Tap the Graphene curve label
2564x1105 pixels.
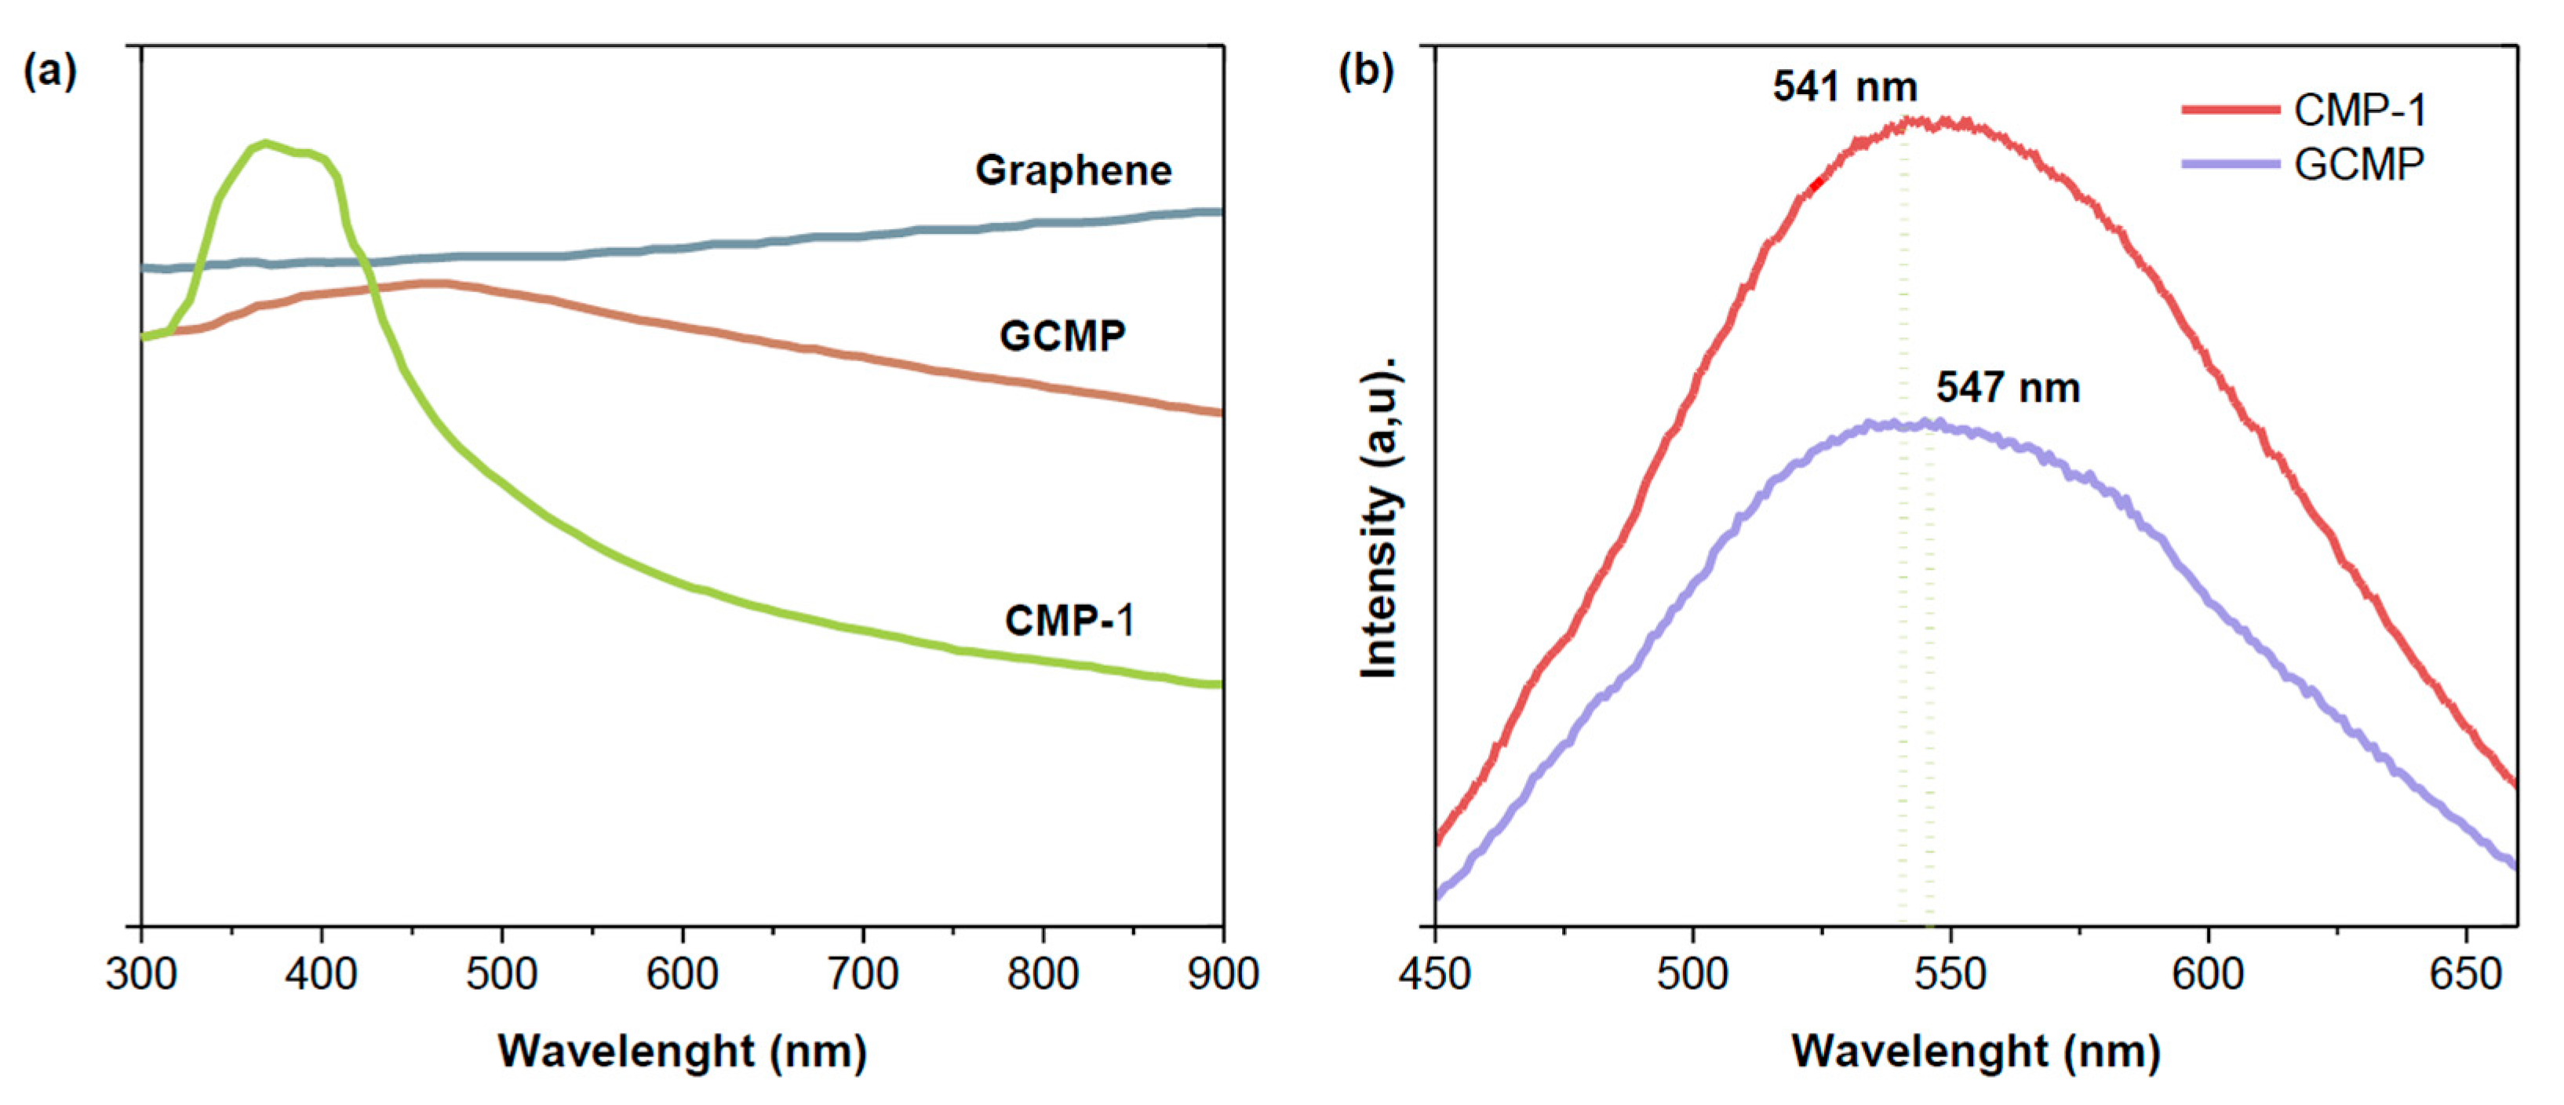click(1073, 170)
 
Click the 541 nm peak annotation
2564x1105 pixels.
click(1845, 88)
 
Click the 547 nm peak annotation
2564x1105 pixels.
click(2008, 387)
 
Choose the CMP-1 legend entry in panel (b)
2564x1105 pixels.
click(2359, 110)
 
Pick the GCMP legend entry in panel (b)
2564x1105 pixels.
click(2359, 163)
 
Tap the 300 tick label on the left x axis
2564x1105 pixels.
click(141, 972)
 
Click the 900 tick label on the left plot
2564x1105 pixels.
click(1222, 972)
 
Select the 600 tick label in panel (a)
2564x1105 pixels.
click(682, 972)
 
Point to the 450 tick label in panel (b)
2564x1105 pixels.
click(1434, 972)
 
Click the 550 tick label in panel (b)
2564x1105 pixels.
click(1950, 972)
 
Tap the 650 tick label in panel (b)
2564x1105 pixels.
click(2465, 972)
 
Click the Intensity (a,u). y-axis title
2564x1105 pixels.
click(1382, 518)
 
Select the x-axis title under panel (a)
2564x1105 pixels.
click(682, 1052)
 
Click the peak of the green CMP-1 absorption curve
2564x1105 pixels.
click(264, 144)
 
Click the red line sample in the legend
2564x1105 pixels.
click(2230, 110)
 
